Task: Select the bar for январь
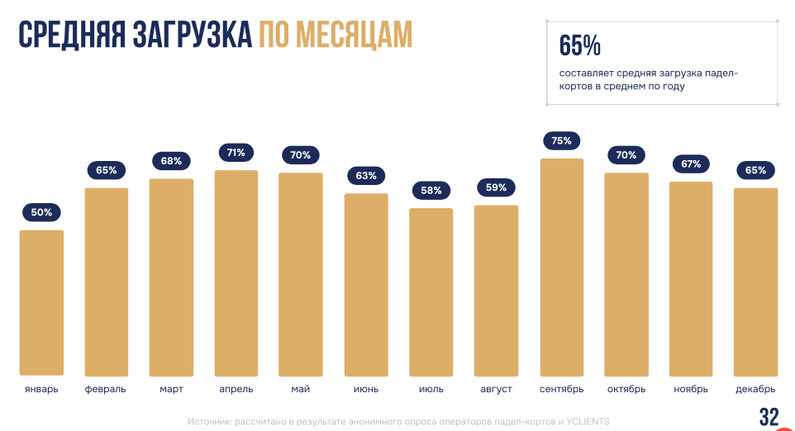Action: [x=41, y=302]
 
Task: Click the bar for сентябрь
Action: [x=561, y=267]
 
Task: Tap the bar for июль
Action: [x=431, y=291]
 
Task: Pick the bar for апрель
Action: [x=236, y=272]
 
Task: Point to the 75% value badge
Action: [x=561, y=141]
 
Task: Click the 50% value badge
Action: [x=41, y=212]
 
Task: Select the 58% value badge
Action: [x=431, y=191]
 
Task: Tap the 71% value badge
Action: [x=236, y=153]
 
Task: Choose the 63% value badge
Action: [x=366, y=176]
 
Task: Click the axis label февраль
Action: [x=106, y=389]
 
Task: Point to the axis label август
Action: [x=496, y=389]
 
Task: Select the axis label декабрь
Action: [x=755, y=389]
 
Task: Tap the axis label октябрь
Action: [x=626, y=389]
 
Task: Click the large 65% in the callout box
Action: [x=579, y=46]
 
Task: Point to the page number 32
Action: [x=769, y=417]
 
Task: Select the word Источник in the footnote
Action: [x=209, y=422]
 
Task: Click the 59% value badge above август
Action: [x=496, y=187]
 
